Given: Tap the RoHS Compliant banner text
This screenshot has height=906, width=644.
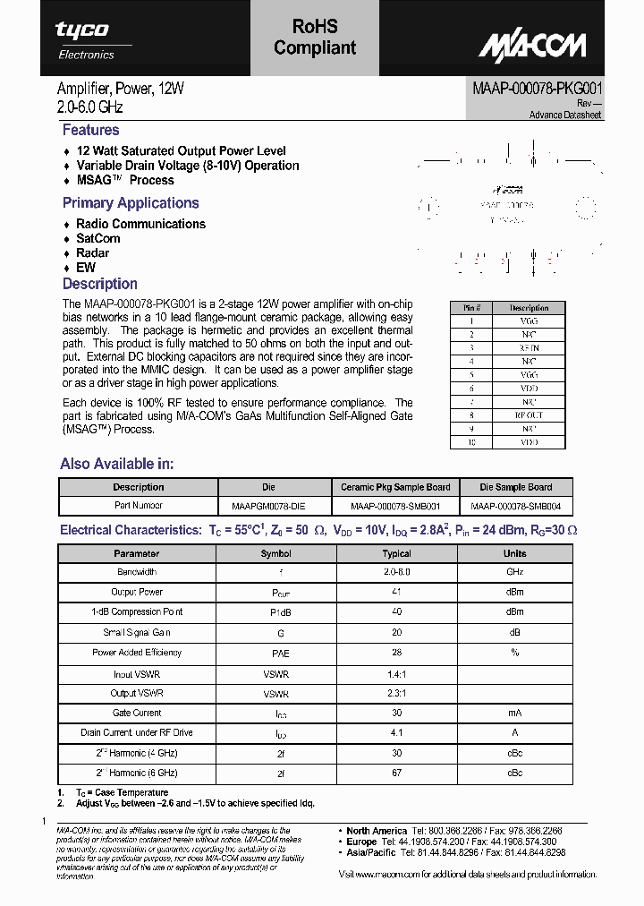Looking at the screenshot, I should (x=315, y=38).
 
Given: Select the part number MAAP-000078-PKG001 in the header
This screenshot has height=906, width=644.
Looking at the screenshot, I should (x=537, y=90).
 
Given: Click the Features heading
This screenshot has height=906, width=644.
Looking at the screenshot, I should (x=90, y=130).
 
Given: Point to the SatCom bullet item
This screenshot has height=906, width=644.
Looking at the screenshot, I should (x=97, y=238).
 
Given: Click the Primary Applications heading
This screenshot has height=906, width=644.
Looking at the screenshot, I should (x=131, y=203).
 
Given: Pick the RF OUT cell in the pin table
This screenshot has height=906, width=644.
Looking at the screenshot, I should (x=529, y=415).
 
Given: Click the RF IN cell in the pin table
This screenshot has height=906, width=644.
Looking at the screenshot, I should (x=529, y=347).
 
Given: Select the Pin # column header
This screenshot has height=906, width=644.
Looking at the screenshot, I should (x=470, y=307).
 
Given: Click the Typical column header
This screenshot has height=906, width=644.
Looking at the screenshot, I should (x=396, y=553).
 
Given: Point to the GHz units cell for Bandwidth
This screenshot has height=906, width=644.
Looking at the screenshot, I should (x=515, y=571).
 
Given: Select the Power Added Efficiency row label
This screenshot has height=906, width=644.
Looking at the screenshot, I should (x=137, y=653).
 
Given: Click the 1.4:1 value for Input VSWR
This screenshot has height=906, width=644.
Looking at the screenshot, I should (x=396, y=673).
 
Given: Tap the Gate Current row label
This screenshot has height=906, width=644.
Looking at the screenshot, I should (x=137, y=713).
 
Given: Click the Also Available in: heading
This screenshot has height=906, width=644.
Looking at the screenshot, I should (x=117, y=464).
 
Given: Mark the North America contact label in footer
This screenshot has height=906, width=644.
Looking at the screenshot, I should (x=377, y=831).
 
